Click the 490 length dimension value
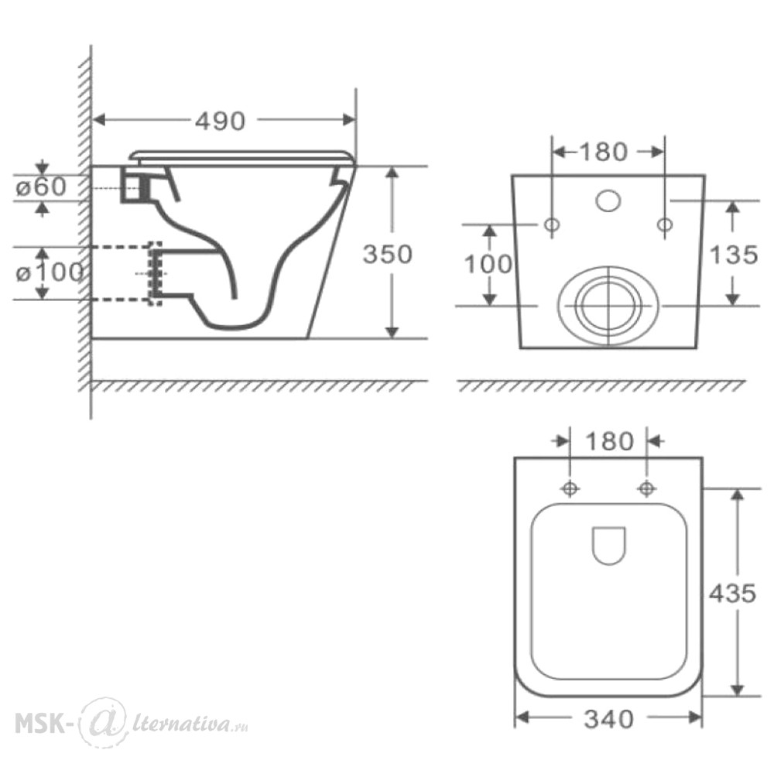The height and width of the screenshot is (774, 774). point(220,121)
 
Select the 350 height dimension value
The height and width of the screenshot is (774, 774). point(388,254)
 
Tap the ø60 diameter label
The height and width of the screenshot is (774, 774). point(41,187)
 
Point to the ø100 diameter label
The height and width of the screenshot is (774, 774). point(49,272)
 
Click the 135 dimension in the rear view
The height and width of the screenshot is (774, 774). point(734,255)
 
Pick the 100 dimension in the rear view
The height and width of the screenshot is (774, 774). point(488,264)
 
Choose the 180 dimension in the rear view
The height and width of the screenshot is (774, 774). point(604,152)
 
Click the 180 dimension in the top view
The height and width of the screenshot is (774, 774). point(610,441)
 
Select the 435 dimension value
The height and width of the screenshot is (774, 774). point(732,594)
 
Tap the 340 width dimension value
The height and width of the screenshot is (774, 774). point(608,719)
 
